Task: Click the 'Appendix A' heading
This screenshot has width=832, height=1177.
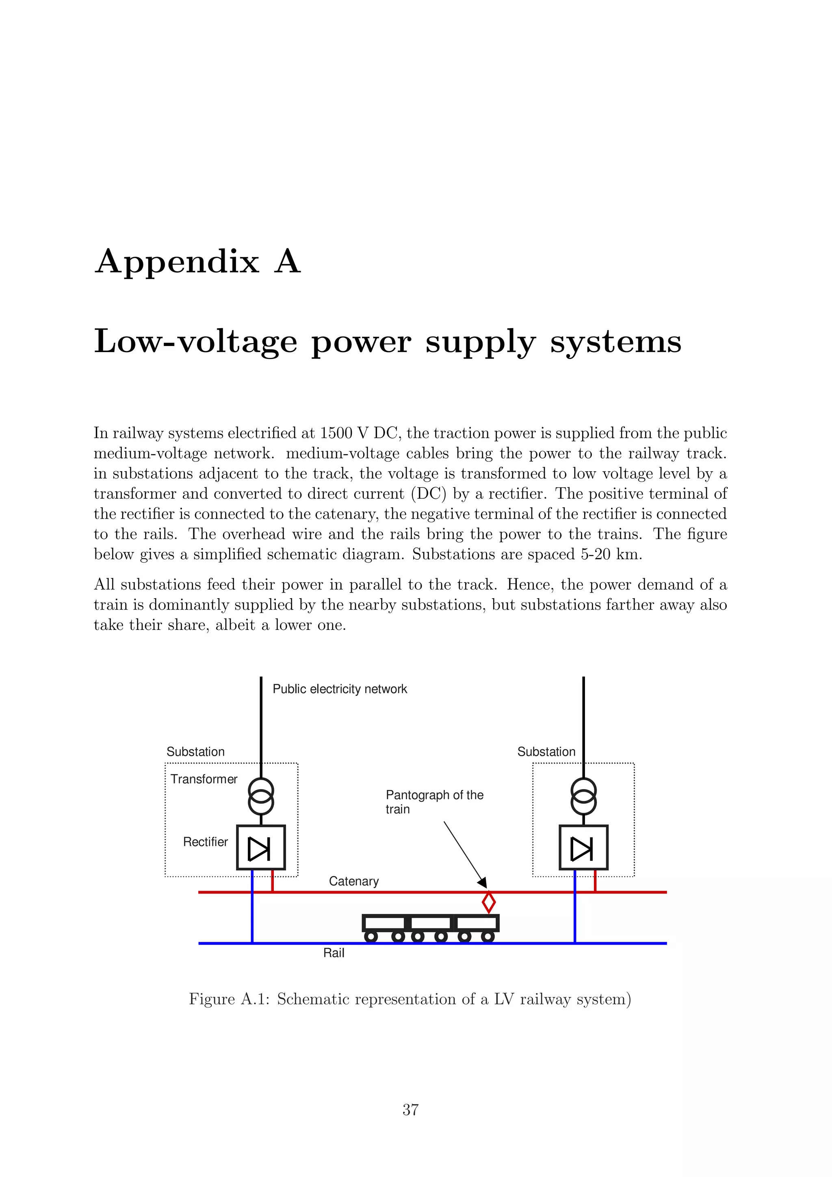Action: click(x=197, y=262)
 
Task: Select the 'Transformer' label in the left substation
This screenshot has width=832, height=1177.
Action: click(x=204, y=779)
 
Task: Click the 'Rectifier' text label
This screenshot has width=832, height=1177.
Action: click(x=205, y=842)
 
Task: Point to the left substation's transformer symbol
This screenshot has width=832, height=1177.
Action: click(x=261, y=796)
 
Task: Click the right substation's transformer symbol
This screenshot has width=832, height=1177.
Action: click(x=583, y=796)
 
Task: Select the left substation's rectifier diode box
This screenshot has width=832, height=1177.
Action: click(x=260, y=847)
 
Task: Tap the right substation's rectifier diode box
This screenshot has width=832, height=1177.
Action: click(x=583, y=847)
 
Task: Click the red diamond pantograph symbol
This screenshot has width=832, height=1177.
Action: click(x=489, y=902)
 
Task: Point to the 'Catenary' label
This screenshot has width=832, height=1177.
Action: click(x=354, y=881)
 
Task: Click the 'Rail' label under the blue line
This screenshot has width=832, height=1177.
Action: click(x=334, y=953)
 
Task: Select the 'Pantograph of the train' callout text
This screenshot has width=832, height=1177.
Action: click(x=434, y=802)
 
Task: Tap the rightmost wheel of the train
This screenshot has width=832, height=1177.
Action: click(x=488, y=937)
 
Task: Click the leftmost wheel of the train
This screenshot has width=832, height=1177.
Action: click(x=370, y=937)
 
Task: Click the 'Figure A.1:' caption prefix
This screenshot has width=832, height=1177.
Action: click(x=229, y=999)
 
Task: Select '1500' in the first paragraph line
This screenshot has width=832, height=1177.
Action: click(x=336, y=433)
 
